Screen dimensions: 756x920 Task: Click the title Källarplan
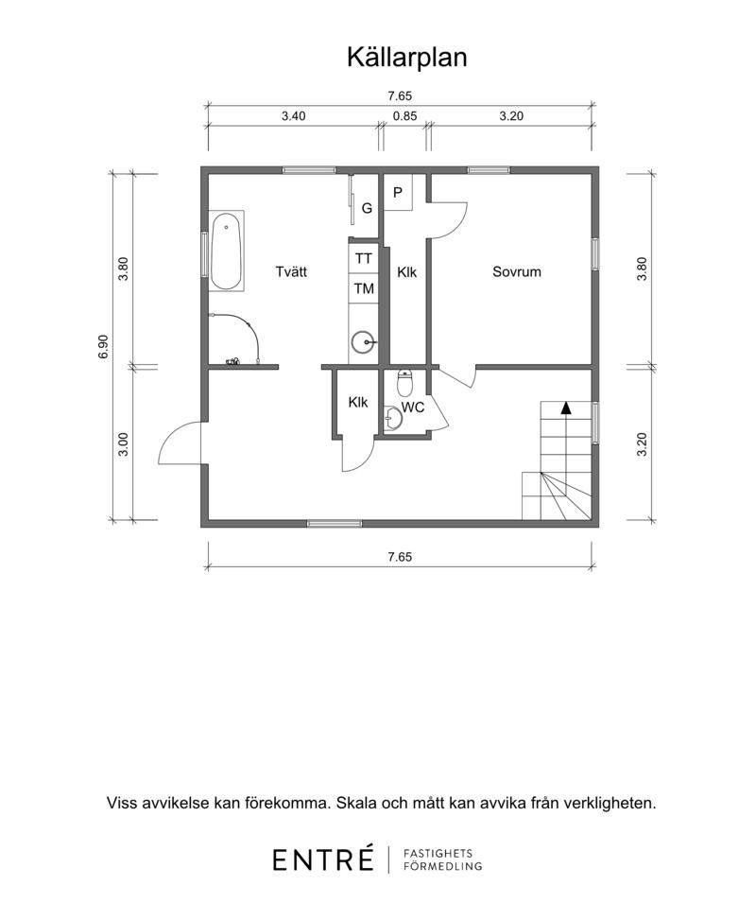[406, 58]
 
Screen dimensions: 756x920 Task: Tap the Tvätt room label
[291, 271]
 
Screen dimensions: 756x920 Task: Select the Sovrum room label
[517, 271]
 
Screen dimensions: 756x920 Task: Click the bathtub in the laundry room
[226, 252]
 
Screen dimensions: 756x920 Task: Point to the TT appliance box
[364, 258]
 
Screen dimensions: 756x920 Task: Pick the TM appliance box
[364, 288]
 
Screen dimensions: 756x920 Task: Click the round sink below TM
[364, 342]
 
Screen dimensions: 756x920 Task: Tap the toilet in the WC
[405, 383]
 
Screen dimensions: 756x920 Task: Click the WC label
[413, 408]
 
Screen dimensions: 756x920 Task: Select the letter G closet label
[368, 208]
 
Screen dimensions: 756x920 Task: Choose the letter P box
[398, 192]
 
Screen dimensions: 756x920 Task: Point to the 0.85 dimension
[405, 116]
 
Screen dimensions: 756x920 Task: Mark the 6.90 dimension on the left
[103, 347]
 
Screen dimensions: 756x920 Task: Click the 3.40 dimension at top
[293, 116]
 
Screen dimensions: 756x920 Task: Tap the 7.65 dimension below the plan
[400, 557]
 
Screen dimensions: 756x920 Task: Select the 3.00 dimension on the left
[123, 444]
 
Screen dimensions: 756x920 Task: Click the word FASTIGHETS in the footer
[438, 853]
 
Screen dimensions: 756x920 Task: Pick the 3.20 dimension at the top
[511, 116]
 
